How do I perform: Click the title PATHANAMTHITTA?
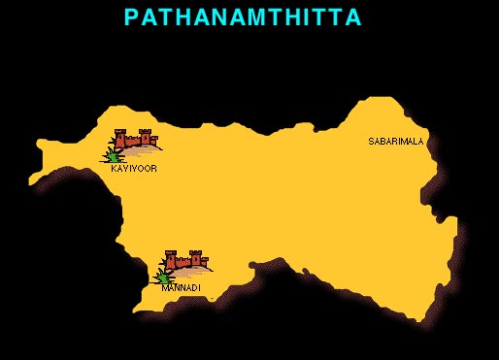pyautogui.click(x=243, y=17)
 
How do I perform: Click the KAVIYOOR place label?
pyautogui.click(x=134, y=169)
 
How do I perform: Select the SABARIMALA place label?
pyautogui.click(x=396, y=142)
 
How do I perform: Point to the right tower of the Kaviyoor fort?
pyautogui.click(x=146, y=136)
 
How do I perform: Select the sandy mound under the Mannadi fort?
pyautogui.click(x=194, y=271)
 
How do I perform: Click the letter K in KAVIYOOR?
pyautogui.click(x=116, y=169)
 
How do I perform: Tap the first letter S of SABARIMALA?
pyautogui.click(x=371, y=142)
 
